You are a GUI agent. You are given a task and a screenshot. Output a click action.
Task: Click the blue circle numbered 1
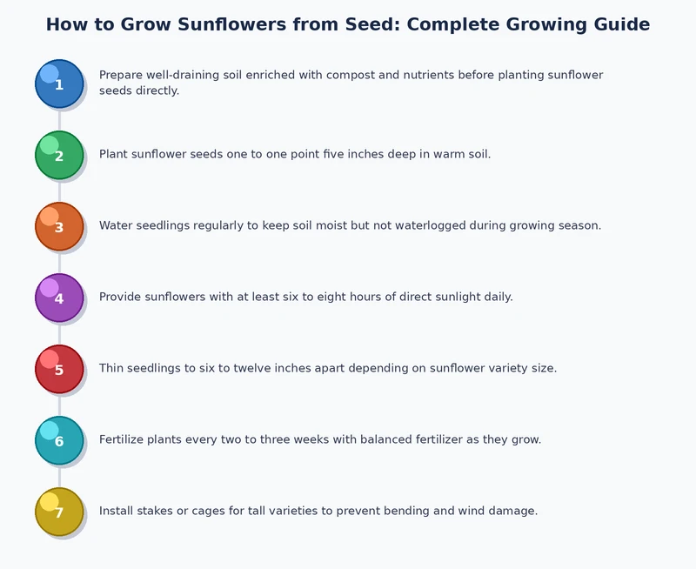click(59, 84)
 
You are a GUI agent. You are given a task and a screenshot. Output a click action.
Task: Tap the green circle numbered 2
click(59, 155)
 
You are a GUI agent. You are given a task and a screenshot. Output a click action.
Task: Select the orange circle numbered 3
click(59, 226)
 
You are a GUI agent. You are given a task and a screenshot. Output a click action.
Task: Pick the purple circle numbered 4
click(59, 298)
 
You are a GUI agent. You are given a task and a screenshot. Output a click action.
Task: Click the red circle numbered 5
click(59, 369)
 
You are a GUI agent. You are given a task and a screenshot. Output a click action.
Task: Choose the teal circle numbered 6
click(59, 440)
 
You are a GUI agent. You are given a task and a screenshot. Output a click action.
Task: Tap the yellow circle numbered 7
click(59, 512)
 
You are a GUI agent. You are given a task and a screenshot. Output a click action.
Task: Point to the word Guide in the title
click(618, 24)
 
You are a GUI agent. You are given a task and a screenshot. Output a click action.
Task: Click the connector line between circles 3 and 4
click(59, 262)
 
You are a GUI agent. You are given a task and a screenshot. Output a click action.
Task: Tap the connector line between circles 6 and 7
click(59, 476)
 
